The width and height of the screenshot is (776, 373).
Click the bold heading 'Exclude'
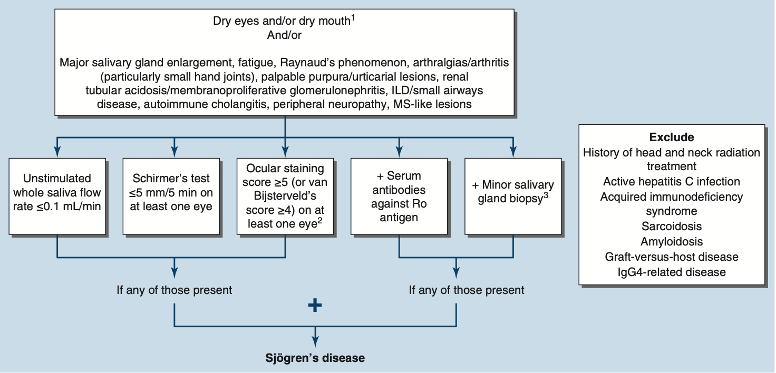[672, 138]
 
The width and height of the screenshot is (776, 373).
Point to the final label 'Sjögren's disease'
[315, 358]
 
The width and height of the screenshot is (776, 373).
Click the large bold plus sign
[315, 306]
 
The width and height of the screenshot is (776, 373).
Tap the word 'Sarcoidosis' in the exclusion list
[672, 227]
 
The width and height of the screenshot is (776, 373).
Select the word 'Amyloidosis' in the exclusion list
[672, 242]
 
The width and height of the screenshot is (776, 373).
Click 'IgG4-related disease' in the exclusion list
[672, 272]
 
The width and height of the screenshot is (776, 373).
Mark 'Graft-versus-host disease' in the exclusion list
[672, 257]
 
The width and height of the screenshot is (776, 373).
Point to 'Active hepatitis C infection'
[672, 182]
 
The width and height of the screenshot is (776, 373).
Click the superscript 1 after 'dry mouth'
[353, 18]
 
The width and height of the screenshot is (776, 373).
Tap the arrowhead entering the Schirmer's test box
[173, 152]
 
